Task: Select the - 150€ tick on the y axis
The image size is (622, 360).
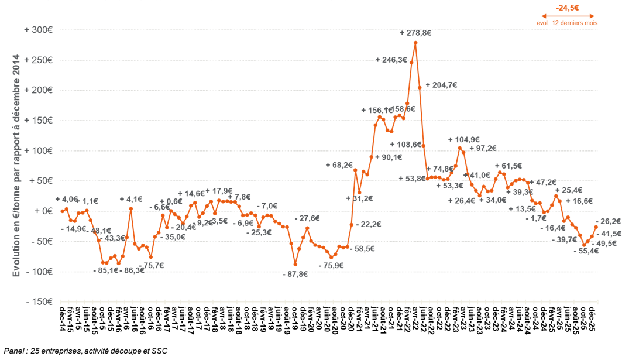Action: tap(39, 301)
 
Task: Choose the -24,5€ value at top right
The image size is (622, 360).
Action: tap(567, 8)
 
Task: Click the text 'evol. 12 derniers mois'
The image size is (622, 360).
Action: tap(567, 23)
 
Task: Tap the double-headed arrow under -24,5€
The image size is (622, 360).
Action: tap(567, 16)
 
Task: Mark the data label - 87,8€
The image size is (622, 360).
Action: tap(295, 275)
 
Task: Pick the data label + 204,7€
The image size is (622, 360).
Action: tap(441, 84)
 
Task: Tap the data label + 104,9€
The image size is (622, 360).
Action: tap(464, 140)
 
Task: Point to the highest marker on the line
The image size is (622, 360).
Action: tap(415, 43)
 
